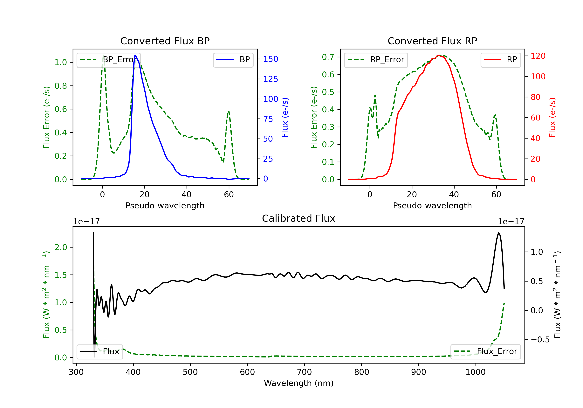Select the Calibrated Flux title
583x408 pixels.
tap(299, 219)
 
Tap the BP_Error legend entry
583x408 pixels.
tap(108, 60)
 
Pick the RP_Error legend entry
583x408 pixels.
tap(376, 60)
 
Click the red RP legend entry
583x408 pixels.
tap(500, 60)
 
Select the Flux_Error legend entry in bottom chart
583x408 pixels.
tap(485, 351)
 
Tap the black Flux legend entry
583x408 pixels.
tap(99, 352)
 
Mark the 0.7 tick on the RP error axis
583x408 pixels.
tap(328, 57)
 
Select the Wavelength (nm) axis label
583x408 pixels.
tap(299, 383)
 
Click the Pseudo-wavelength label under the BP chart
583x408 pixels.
tap(165, 206)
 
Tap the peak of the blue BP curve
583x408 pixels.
tap(135, 55)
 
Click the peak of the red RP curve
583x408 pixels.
tap(439, 55)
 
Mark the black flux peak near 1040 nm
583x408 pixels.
tap(498, 233)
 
